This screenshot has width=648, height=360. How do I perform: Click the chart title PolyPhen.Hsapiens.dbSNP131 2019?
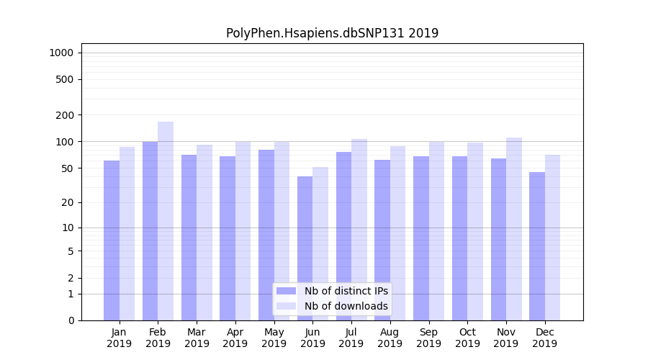[x=332, y=33]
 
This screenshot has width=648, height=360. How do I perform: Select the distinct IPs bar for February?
[x=150, y=230]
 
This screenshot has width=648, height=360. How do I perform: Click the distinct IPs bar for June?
[x=305, y=248]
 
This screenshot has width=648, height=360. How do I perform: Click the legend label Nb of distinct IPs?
[x=346, y=291]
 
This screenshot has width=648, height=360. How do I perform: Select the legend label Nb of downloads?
[x=346, y=306]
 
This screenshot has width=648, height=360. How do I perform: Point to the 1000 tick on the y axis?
[x=61, y=53]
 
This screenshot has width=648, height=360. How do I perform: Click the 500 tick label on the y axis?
[x=65, y=79]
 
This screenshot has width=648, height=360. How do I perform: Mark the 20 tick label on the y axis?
[x=67, y=202]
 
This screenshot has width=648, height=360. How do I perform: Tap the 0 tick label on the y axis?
[x=71, y=320]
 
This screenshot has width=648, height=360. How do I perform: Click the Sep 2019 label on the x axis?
[x=428, y=338]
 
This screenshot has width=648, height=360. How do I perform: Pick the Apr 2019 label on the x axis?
[x=235, y=338]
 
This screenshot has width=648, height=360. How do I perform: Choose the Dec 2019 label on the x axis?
[x=544, y=338]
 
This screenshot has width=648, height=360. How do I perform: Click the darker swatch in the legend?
[x=286, y=291]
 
